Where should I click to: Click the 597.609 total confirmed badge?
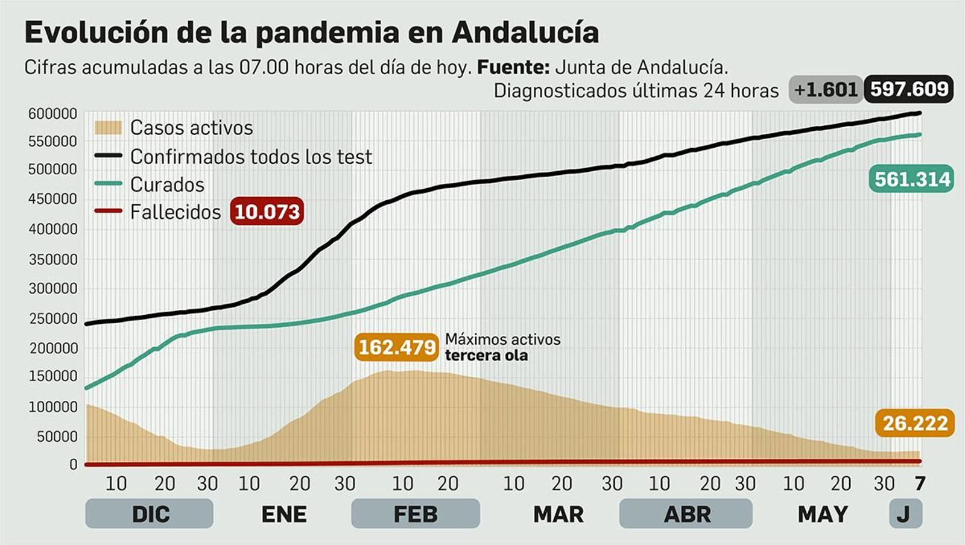(909, 90)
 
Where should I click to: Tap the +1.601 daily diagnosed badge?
(825, 90)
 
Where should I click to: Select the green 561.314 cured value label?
(911, 179)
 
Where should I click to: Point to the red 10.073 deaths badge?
(267, 212)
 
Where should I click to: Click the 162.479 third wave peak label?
(396, 347)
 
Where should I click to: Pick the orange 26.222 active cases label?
(914, 423)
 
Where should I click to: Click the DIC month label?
(150, 514)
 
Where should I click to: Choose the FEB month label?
(415, 514)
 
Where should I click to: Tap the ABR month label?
(686, 514)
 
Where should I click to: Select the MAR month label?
(558, 514)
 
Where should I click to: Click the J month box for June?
(905, 514)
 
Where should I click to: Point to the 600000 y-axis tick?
(53, 113)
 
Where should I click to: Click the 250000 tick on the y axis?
(53, 318)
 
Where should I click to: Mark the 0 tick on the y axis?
(74, 464)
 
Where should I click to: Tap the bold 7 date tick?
(919, 484)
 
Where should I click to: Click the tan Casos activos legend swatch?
(109, 128)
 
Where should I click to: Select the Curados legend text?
(167, 184)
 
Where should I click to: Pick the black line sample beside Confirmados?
(109, 156)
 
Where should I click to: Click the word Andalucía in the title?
(525, 33)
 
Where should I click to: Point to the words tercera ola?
(486, 356)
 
